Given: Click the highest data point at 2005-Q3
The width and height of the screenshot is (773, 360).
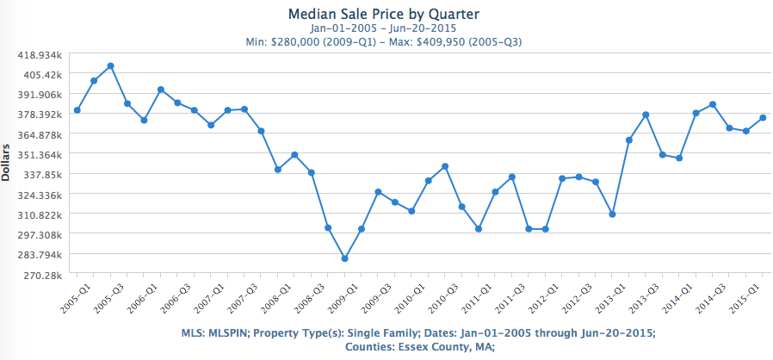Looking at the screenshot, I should pos(110,65).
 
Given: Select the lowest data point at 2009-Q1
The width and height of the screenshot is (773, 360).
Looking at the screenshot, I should pos(344,258).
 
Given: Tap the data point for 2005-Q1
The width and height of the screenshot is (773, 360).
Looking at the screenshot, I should pos(77,110).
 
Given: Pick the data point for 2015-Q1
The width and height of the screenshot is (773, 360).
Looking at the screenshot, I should pos(763,118).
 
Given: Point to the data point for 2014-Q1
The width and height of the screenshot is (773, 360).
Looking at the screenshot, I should pos(696,113).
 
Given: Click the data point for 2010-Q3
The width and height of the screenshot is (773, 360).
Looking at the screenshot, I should pos(445,166).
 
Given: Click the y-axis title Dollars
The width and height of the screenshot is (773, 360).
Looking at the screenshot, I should pos(7,163).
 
